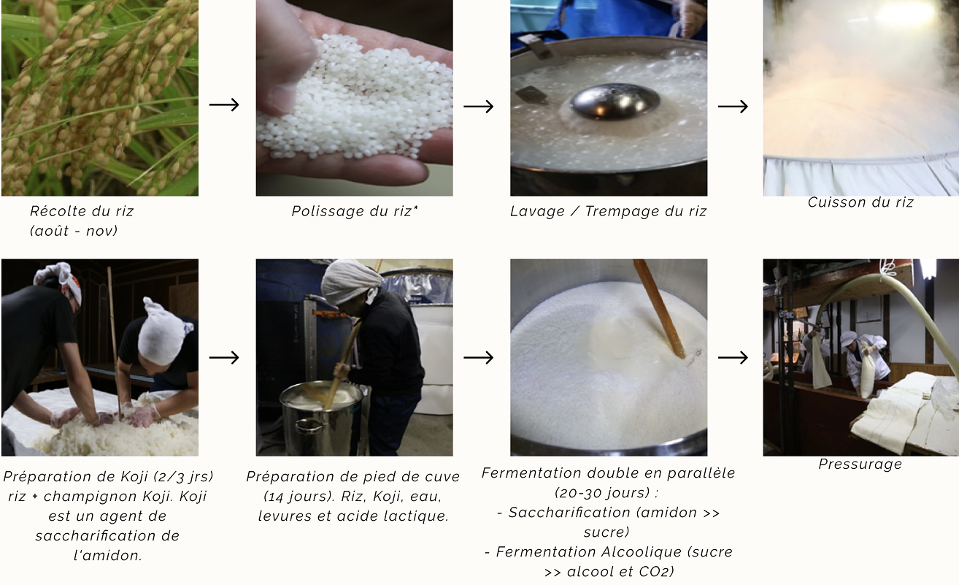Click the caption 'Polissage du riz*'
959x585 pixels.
pos(355,212)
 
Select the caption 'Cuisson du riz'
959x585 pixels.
pos(860,203)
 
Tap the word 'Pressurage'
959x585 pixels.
pos(860,464)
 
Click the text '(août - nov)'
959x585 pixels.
pos(74,232)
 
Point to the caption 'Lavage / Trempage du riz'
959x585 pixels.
pos(608,212)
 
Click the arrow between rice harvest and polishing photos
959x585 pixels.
pos(224,105)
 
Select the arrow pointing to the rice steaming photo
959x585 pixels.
pos(733,107)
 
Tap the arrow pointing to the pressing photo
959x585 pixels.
pos(733,358)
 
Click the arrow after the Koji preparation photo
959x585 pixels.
pos(224,358)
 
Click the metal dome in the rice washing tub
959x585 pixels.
pos(605,101)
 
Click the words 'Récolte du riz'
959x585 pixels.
pos(82,212)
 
